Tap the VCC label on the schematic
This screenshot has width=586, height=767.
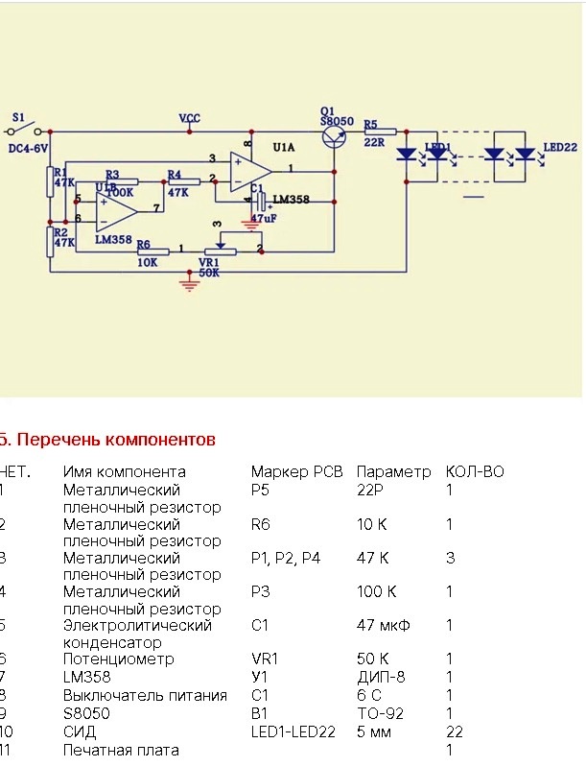[x=189, y=118]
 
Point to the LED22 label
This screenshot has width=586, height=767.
[x=561, y=148]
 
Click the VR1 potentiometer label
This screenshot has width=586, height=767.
[x=209, y=260]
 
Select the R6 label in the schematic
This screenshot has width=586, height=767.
[x=144, y=245]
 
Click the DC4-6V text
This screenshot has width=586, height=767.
[x=30, y=148]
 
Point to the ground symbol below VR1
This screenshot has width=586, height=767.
[x=187, y=280]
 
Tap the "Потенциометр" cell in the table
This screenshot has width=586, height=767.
[x=120, y=659]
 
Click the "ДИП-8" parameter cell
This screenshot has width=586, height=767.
[x=381, y=677]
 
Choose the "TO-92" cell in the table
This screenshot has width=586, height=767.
[x=379, y=713]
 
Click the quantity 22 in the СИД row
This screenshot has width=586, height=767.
[x=454, y=731]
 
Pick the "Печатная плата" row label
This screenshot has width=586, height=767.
[x=121, y=749]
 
